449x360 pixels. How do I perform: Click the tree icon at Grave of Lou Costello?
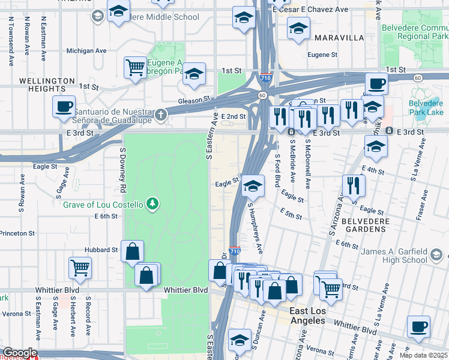pos(154,205)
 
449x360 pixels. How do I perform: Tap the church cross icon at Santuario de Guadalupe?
pos(160,114)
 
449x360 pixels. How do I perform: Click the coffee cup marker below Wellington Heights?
pos(64,107)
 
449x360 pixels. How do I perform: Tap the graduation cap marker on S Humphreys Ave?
pos(253,187)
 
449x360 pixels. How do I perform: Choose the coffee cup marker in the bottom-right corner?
pos(418,327)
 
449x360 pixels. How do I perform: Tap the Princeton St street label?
pos(17,233)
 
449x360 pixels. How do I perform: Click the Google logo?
pos(19,353)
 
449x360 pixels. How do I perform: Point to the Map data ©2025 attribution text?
pos(423,355)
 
